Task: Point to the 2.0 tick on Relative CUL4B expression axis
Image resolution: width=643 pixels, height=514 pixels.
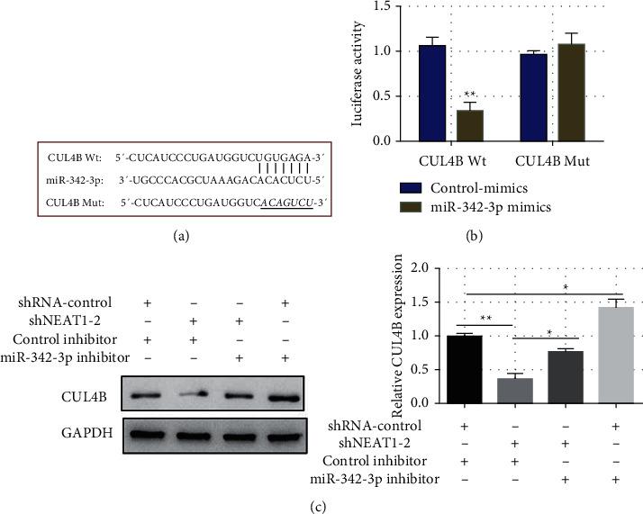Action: pos(415,267)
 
